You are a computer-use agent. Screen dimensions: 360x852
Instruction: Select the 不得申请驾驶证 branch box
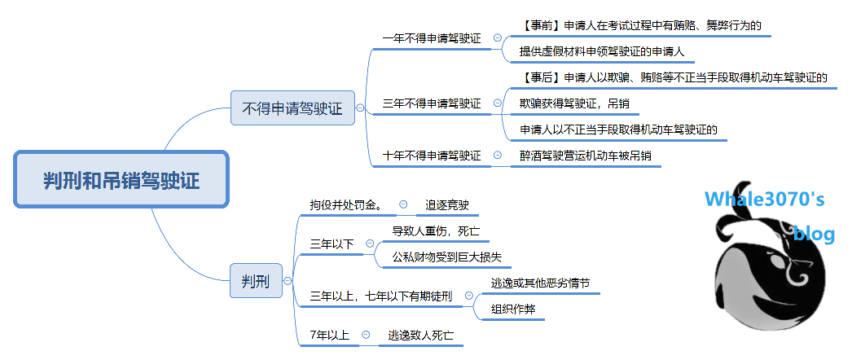click(x=292, y=108)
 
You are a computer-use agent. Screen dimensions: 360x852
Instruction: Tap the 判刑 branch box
click(x=255, y=282)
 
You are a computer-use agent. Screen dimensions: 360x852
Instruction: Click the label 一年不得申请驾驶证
click(x=432, y=38)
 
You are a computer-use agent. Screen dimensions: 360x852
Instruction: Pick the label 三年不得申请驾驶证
click(x=432, y=103)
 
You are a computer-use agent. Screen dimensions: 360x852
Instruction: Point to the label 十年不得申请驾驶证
click(x=432, y=156)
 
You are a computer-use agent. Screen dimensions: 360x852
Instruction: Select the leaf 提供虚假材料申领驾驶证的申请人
click(x=601, y=51)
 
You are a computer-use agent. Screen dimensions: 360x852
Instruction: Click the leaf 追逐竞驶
click(x=447, y=204)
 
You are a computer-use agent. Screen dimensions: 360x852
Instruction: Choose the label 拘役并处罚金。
click(x=347, y=204)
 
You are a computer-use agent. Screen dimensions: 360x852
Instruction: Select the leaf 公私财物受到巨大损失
click(x=446, y=257)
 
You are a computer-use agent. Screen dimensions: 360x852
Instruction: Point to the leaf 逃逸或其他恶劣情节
click(x=540, y=283)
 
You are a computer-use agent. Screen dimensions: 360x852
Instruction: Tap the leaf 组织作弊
click(x=512, y=309)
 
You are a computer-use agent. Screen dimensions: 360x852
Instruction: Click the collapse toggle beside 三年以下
click(x=370, y=243)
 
